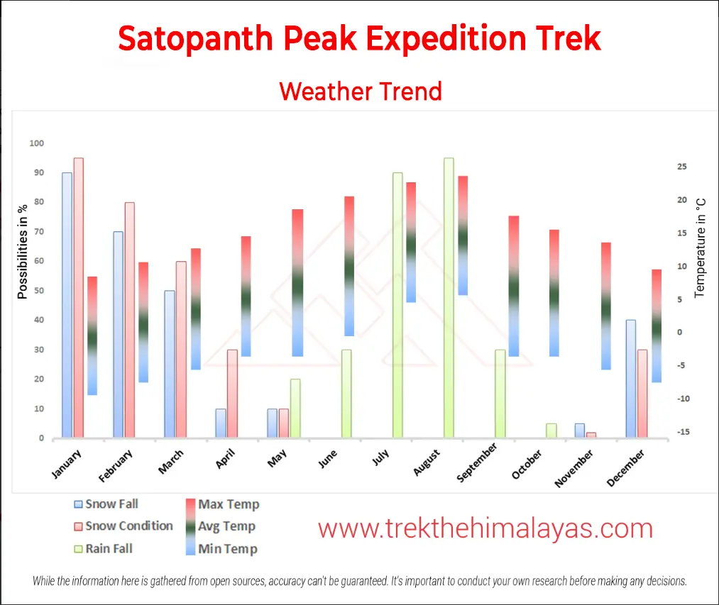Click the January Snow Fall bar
(x=67, y=305)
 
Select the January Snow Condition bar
(x=79, y=298)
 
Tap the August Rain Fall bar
(x=449, y=298)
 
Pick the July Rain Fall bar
(x=397, y=305)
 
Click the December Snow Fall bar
(x=631, y=379)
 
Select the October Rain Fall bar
(x=551, y=431)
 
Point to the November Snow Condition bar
(x=591, y=435)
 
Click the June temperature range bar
(x=349, y=266)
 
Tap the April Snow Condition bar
(x=232, y=394)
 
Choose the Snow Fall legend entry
(x=106, y=504)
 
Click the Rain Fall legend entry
(x=103, y=548)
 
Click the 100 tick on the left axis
(x=36, y=143)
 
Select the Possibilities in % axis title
(x=23, y=252)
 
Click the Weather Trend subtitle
(x=361, y=91)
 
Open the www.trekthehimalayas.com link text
(x=485, y=528)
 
